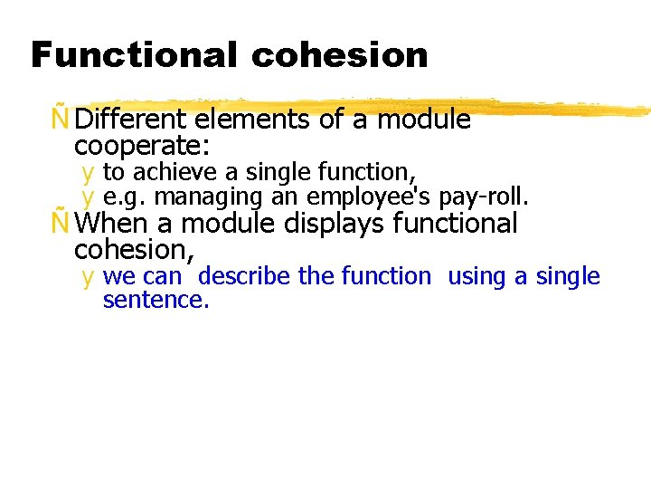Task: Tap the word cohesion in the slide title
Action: (340, 55)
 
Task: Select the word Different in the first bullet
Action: (132, 120)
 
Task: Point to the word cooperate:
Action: (142, 145)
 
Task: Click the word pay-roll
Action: (483, 197)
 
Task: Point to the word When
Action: (113, 223)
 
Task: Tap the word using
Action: (477, 276)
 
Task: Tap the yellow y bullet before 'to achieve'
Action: (88, 172)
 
